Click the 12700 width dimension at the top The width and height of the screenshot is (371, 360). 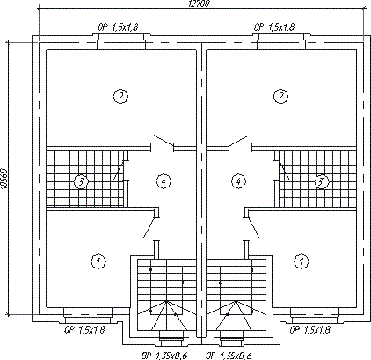tap(199, 4)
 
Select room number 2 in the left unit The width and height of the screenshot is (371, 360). tap(120, 96)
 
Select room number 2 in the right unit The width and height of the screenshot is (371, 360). tap(280, 96)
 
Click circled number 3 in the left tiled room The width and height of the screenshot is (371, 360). tap(81, 181)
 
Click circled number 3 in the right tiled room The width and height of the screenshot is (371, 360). tap(322, 181)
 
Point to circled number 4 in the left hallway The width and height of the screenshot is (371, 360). tap(164, 181)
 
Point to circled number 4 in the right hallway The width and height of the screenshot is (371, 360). tap(238, 181)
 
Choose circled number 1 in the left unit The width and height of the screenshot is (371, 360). tap(98, 261)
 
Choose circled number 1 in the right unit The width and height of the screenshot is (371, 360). tap(302, 261)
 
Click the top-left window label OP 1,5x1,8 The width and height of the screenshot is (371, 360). tap(118, 27)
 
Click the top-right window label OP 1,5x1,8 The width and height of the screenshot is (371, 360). tap(274, 27)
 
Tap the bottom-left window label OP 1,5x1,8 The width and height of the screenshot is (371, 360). tap(84, 330)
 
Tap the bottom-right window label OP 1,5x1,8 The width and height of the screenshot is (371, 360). tap(310, 330)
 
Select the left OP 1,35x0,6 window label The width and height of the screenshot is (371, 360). tap(164, 356)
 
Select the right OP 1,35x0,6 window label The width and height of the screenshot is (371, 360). tap(229, 356)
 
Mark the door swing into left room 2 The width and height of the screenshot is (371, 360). tap(164, 141)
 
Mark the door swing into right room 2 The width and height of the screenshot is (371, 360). tap(239, 141)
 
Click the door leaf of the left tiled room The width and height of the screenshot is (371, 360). tap(120, 170)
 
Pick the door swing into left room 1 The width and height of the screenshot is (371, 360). tap(149, 227)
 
